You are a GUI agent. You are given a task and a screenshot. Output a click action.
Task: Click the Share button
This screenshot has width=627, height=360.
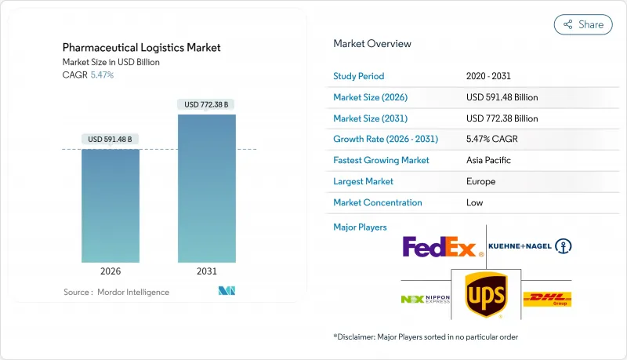click(583, 24)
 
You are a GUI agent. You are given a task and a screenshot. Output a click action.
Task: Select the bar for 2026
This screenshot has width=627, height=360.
click(111, 205)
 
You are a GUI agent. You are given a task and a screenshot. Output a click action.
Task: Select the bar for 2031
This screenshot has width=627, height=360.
click(207, 188)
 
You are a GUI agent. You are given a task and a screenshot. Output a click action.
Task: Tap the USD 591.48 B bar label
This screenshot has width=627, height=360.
click(111, 139)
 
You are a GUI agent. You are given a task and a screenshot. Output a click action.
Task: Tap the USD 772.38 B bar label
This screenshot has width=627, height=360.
click(207, 104)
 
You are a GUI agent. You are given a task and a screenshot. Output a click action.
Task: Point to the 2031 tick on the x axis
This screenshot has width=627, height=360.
click(207, 271)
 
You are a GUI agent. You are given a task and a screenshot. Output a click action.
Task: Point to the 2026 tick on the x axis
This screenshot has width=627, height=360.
click(111, 271)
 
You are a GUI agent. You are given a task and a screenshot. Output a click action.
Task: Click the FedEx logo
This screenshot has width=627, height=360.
click(440, 248)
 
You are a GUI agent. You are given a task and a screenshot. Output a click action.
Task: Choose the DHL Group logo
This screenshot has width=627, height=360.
click(547, 299)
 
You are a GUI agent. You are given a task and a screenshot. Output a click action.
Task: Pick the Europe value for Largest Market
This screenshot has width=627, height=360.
click(481, 181)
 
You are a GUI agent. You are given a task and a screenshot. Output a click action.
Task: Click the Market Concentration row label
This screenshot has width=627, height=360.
click(378, 202)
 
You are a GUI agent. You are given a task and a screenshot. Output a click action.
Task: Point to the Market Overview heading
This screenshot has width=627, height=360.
click(372, 44)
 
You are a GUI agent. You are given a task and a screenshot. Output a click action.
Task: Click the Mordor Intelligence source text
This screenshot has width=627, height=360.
click(116, 292)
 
